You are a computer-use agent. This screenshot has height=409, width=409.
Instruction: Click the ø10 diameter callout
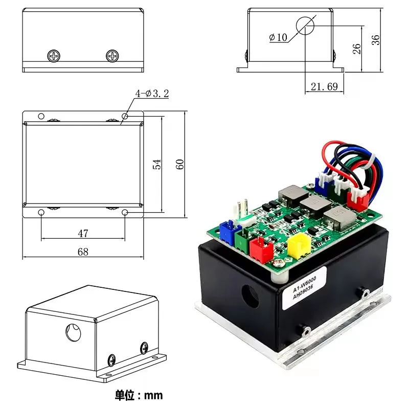278,37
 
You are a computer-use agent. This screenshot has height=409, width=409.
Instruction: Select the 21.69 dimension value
324,87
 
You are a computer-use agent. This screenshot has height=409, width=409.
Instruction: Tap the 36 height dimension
376,40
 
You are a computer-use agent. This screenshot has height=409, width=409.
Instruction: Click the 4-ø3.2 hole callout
152,93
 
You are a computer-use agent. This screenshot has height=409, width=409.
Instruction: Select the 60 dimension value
179,164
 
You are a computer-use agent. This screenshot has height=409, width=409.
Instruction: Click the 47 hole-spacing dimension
83,233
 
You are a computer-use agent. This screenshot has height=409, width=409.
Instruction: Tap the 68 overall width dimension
83,252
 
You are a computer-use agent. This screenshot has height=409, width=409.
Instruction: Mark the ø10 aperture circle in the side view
305,25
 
